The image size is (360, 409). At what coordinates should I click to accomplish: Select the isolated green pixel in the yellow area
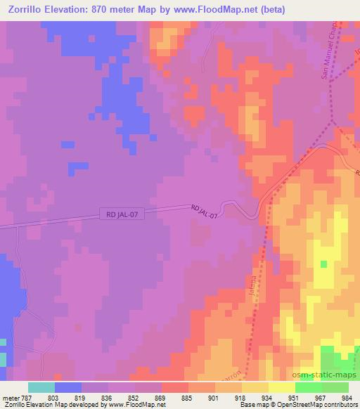[323, 264]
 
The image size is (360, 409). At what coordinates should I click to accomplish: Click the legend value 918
[240, 397]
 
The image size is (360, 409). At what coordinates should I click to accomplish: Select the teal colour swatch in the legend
[41, 387]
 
